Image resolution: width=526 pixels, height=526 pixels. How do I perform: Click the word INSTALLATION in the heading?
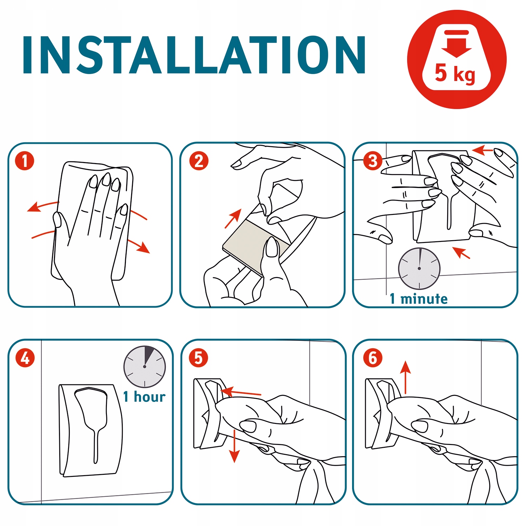click(194, 55)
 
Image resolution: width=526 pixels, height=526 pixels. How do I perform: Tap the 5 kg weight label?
click(455, 73)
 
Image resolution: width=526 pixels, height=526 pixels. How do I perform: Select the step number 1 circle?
click(25, 161)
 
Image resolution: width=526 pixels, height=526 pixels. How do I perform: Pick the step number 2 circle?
click(199, 161)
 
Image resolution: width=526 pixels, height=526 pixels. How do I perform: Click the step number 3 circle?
click(372, 161)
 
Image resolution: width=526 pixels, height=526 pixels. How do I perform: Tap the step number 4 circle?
click(25, 358)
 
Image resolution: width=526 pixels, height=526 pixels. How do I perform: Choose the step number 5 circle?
click(198, 358)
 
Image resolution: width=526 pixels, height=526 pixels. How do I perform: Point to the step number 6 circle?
click(372, 358)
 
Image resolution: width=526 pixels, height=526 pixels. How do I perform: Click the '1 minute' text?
click(419, 299)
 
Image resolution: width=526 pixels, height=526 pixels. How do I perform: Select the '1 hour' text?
click(144, 397)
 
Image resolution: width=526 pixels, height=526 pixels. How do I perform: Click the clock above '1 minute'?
click(419, 269)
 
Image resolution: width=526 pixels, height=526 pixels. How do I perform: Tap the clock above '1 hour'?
click(144, 367)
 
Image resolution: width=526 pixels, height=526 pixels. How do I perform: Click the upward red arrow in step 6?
click(405, 377)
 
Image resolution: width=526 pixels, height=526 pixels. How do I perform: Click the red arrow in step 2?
click(233, 218)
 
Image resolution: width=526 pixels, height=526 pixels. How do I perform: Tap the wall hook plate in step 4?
click(90, 430)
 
